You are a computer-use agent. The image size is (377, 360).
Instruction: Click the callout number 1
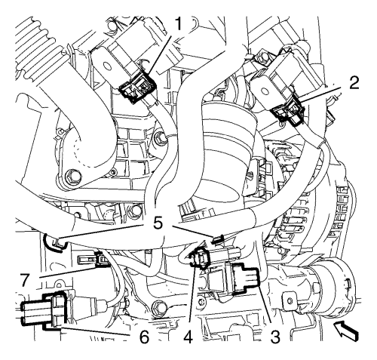coord(178,24)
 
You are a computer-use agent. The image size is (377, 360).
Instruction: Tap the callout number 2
coord(353,82)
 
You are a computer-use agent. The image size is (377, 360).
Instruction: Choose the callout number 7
coord(26,281)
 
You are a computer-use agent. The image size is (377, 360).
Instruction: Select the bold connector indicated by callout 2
coord(289,112)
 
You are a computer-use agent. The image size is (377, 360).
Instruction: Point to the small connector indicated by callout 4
coord(201,258)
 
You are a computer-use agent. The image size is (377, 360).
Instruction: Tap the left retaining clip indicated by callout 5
coord(53,243)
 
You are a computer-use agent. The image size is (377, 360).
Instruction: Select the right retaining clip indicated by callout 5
coord(218,239)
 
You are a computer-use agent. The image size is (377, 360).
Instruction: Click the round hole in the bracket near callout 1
coord(107,66)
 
